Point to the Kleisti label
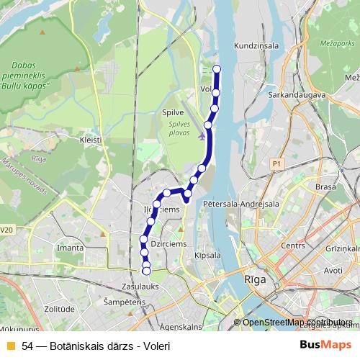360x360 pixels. [x=91, y=139]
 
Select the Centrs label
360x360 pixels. [x=293, y=246]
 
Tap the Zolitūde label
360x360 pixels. [x=59, y=309]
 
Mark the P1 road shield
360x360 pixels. [x=276, y=164]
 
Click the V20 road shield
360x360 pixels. [x=6, y=230]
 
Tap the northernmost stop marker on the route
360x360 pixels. [x=217, y=69]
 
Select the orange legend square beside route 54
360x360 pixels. [x=10, y=346]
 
